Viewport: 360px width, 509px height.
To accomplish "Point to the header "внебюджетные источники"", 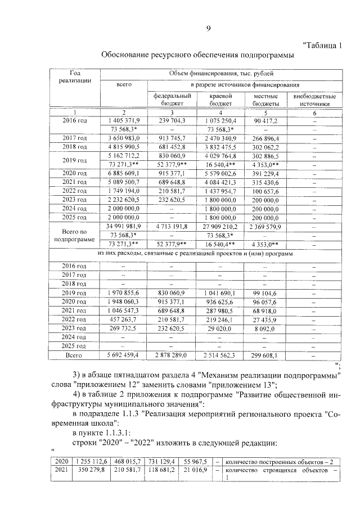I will [x=314, y=100].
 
